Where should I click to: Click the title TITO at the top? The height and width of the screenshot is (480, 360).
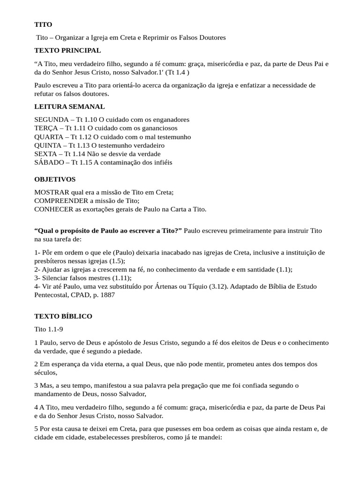pos(43,24)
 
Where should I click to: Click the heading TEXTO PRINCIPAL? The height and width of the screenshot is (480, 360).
pos(67,50)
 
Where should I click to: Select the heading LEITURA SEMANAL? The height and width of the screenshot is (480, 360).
pos(69,107)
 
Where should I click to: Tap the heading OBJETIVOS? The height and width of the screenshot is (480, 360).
pos(55,180)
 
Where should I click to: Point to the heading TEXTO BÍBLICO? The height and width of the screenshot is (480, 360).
pos(63,316)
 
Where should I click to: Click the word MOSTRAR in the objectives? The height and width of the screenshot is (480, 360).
pos(52,193)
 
